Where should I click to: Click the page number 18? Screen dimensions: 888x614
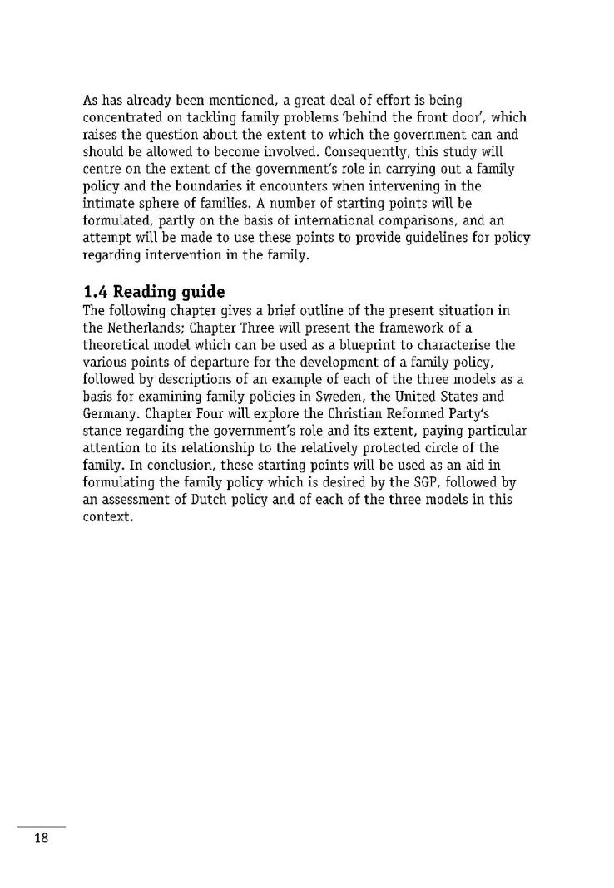click(42, 837)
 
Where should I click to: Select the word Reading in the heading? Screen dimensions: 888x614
click(142, 293)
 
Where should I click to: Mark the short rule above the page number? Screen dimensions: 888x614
click(41, 826)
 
